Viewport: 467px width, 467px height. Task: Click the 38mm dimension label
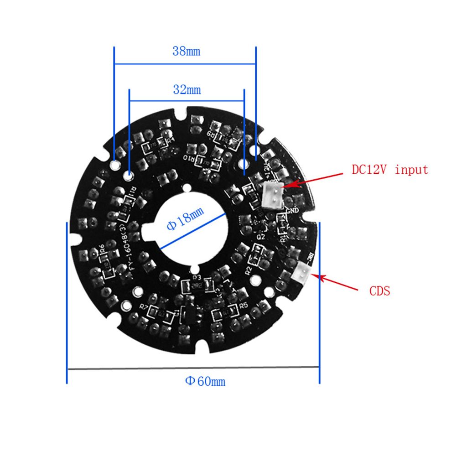click(186, 51)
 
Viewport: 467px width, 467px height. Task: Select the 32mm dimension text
click(187, 89)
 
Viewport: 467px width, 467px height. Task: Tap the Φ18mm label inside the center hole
click(185, 219)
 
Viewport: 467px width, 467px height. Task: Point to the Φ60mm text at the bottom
click(205, 381)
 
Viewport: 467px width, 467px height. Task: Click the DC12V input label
click(390, 170)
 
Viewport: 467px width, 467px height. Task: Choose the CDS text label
click(379, 291)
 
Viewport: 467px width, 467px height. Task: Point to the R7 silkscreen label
click(144, 307)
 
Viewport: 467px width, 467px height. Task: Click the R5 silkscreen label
click(243, 306)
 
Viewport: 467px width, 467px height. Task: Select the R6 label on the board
click(102, 249)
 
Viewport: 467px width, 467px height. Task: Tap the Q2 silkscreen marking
click(261, 237)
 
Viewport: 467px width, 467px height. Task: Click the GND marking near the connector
click(292, 211)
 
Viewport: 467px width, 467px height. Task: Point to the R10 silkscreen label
click(188, 158)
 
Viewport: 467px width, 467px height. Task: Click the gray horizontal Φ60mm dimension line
click(192, 368)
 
